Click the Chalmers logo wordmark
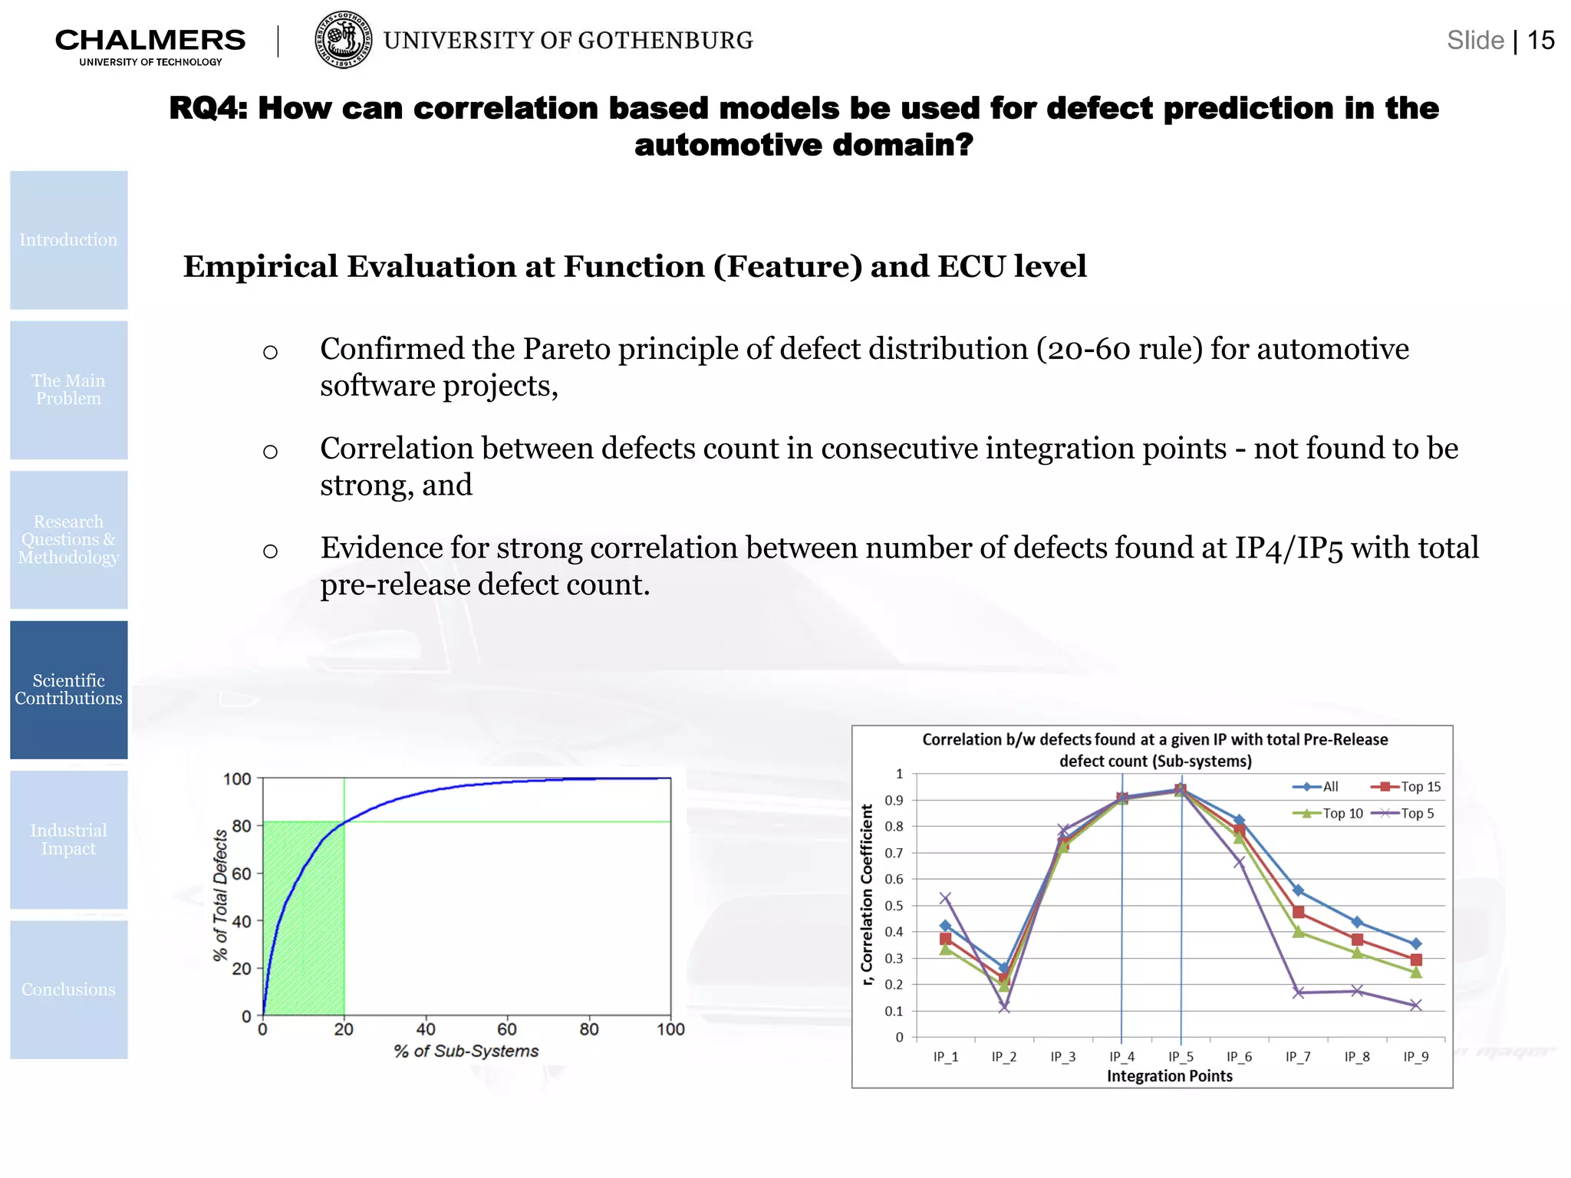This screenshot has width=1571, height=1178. click(x=150, y=41)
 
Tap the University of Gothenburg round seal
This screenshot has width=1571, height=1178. click(x=344, y=40)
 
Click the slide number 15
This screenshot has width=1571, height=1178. click(x=1540, y=40)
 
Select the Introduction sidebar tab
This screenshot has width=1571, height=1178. click(x=69, y=240)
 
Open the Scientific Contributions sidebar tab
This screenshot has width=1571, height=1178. click(x=69, y=689)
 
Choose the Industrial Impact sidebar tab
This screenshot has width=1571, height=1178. click(x=69, y=840)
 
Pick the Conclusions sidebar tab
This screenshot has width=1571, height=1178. click(x=69, y=989)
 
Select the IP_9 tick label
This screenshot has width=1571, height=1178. click(x=1415, y=1057)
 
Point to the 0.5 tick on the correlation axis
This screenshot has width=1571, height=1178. click(x=894, y=906)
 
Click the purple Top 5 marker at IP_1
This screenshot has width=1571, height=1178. click(x=945, y=898)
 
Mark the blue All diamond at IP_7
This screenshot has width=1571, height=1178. click(x=1298, y=890)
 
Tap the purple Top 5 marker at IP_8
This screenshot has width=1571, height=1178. click(x=1357, y=991)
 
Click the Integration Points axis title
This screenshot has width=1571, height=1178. click(x=1169, y=1076)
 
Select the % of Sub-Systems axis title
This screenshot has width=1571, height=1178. click(x=466, y=1051)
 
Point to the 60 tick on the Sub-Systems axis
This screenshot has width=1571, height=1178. click(x=507, y=1029)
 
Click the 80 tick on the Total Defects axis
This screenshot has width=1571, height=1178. click(x=242, y=826)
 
